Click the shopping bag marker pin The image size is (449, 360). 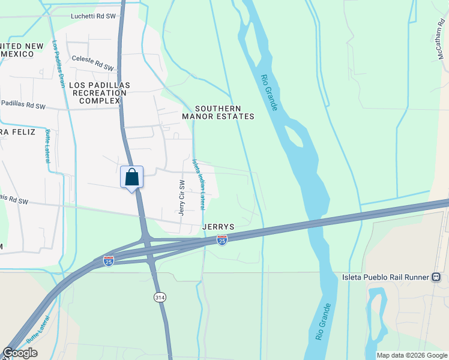click(x=132, y=178)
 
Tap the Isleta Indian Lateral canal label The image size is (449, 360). click(x=199, y=184)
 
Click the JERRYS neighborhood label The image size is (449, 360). click(x=218, y=227)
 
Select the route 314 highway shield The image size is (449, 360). click(x=160, y=298)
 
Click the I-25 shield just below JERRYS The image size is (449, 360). click(x=222, y=240)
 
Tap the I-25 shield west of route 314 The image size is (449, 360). click(x=108, y=262)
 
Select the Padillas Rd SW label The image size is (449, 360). click(x=23, y=105)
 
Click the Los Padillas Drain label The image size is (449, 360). click(x=58, y=64)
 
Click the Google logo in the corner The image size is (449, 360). click(x=20, y=353)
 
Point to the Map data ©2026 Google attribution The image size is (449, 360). click(x=412, y=355)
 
